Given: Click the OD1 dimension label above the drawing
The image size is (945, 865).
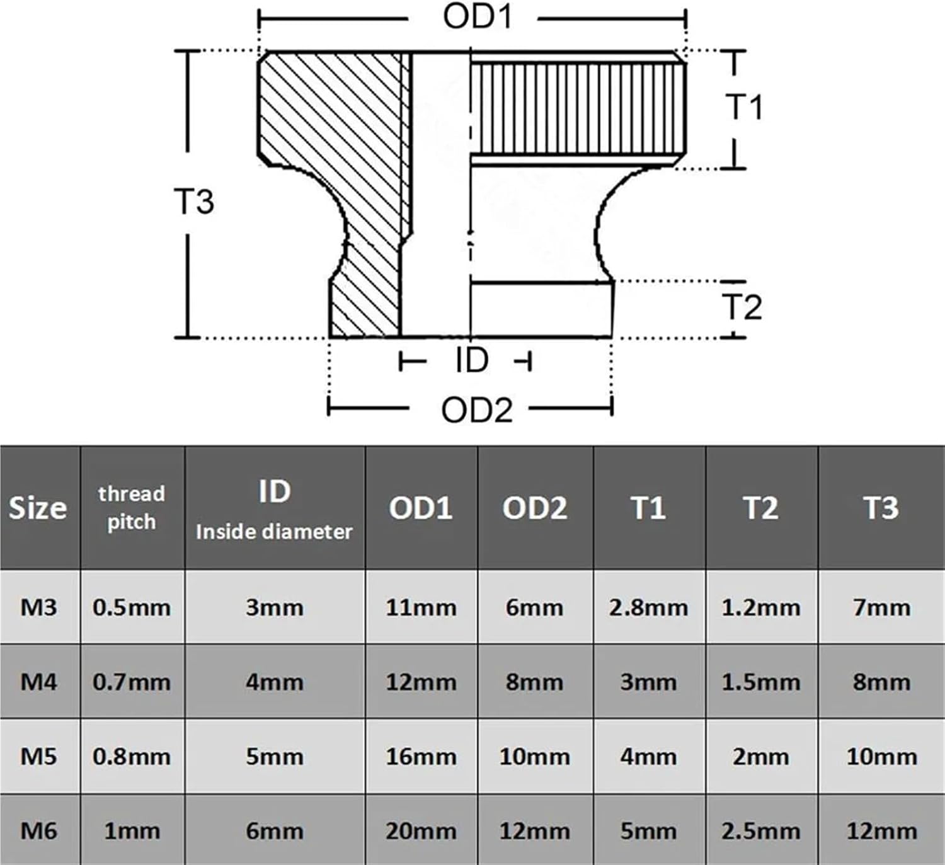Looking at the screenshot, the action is pos(477,18).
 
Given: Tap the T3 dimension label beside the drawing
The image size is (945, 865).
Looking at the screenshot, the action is pos(193,201).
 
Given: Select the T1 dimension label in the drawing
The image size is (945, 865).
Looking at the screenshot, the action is pos(744,106).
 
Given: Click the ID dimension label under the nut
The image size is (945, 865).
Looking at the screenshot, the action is pos(472,360).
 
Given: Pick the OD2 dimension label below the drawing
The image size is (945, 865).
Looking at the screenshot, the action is pos(477,410).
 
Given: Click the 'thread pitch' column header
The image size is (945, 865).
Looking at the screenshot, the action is pos(132,508).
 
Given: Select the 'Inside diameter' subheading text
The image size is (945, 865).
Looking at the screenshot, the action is pos(274,532).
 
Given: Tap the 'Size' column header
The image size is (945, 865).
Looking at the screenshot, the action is pos(38,508).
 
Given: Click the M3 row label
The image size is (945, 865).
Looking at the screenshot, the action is pos(38,607).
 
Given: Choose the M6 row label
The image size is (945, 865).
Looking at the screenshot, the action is pos(38,830).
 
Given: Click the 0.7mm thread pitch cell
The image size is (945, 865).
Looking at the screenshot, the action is pos(132,682).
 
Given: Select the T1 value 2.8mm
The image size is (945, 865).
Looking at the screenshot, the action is pos(648,607).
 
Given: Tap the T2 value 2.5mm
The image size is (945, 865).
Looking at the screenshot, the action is pos(761,830).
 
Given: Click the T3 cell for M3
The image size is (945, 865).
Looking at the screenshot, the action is pos(881,607).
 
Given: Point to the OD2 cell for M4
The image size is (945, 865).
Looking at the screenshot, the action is pos(535,682).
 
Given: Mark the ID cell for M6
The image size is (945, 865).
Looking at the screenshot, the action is pos(274,830).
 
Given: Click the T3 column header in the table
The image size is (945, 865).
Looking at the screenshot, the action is pos(881,508).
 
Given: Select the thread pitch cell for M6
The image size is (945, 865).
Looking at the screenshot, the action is pos(132,830).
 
